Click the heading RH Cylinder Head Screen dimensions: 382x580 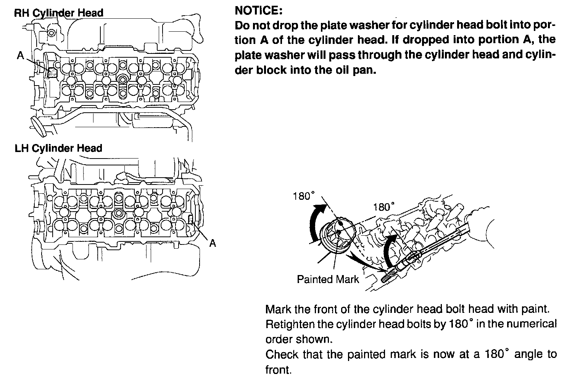59,13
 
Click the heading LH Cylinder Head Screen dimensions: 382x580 58,149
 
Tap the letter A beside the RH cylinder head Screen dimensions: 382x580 21,56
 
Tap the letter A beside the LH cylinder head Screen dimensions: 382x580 213,243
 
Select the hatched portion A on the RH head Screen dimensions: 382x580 52,72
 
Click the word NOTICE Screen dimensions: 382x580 258,10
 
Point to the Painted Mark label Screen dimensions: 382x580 328,279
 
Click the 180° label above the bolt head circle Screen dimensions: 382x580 304,196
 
